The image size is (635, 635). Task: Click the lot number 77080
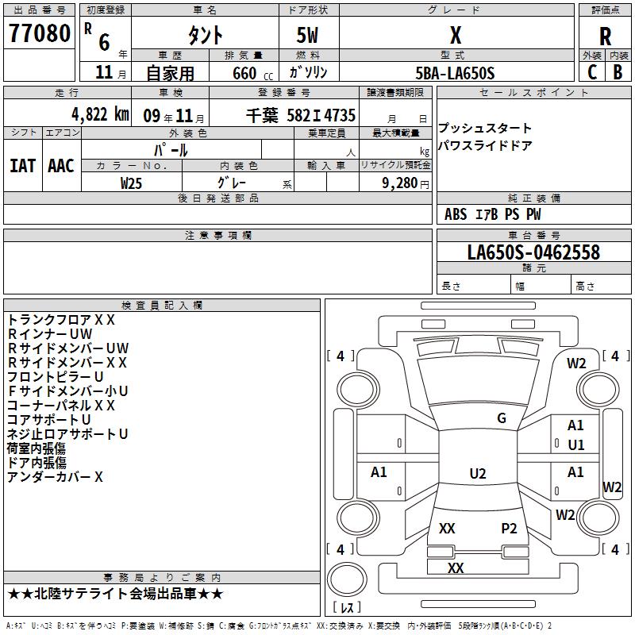pyautogui.click(x=40, y=33)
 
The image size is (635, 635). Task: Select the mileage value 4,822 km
pyautogui.click(x=101, y=114)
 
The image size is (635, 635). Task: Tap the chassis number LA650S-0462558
pyautogui.click(x=533, y=252)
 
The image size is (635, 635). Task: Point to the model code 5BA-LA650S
pyautogui.click(x=455, y=73)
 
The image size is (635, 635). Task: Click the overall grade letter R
pyautogui.click(x=605, y=37)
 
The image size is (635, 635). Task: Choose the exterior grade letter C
pyautogui.click(x=592, y=72)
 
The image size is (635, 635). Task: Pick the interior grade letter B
pyautogui.click(x=618, y=72)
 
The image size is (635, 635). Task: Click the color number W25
pyautogui.click(x=131, y=183)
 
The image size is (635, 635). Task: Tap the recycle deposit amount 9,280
pyautogui.click(x=400, y=183)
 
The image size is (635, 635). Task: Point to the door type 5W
pyautogui.click(x=307, y=35)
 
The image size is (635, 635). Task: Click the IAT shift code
pyautogui.click(x=22, y=166)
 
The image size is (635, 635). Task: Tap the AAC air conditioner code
pyautogui.click(x=61, y=166)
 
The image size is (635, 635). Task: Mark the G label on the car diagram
pyautogui.click(x=502, y=418)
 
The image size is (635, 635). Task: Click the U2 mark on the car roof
pyautogui.click(x=478, y=473)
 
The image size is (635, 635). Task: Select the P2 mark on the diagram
pyautogui.click(x=509, y=528)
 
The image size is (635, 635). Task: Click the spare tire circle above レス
pyautogui.click(x=347, y=579)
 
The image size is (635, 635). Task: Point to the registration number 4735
pyautogui.click(x=340, y=115)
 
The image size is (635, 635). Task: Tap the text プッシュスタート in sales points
pyautogui.click(x=484, y=128)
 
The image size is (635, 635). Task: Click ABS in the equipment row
pyautogui.click(x=456, y=214)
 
